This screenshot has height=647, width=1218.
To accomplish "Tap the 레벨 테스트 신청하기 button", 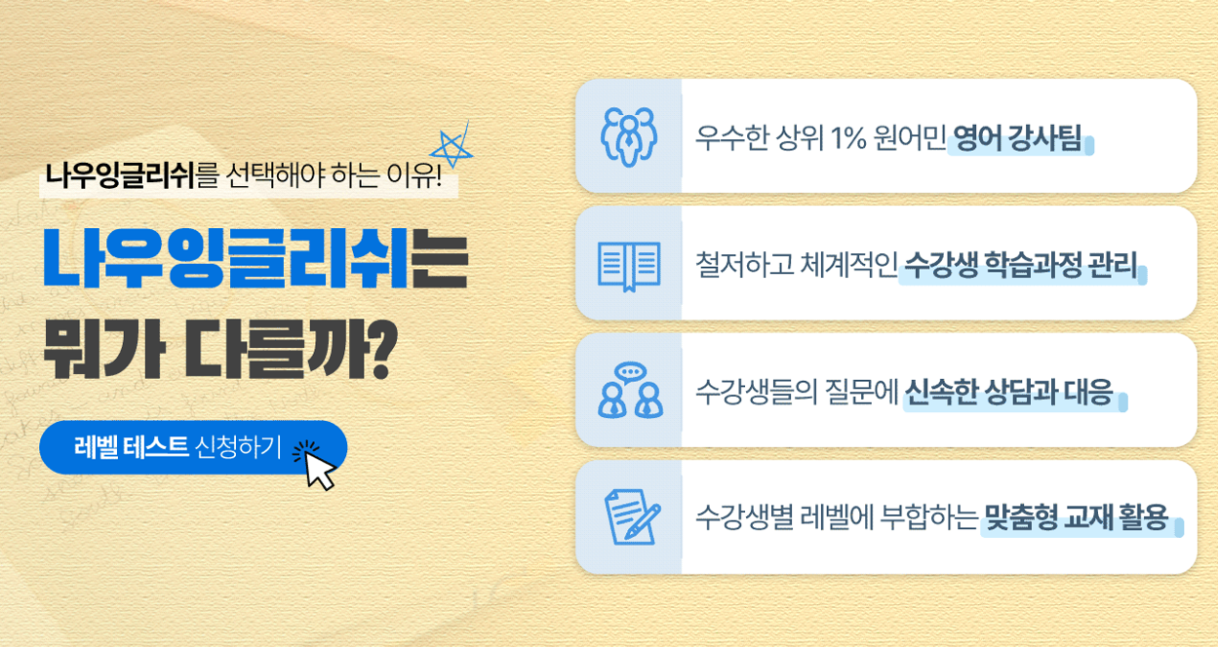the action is point(193,447).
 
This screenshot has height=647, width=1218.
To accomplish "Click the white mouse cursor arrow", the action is point(320,471).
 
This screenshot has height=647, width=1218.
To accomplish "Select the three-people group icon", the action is point(629,136).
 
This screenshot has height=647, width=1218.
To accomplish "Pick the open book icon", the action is point(629,266).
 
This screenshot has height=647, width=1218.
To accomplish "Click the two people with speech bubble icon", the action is point(630,390).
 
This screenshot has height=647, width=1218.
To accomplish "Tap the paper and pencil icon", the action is point(632,516).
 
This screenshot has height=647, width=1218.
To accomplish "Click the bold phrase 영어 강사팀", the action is point(1017,138).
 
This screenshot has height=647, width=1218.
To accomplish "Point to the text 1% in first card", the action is point(848,138).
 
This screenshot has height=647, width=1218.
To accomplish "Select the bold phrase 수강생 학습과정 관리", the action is point(1021,265).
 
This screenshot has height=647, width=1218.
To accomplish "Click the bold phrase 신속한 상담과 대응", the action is point(1008,392).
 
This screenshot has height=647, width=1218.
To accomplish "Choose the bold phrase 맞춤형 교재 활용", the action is point(1076,517).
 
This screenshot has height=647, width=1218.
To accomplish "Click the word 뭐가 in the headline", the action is point(103,348).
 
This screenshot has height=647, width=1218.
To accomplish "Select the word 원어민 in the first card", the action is point(910,138).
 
